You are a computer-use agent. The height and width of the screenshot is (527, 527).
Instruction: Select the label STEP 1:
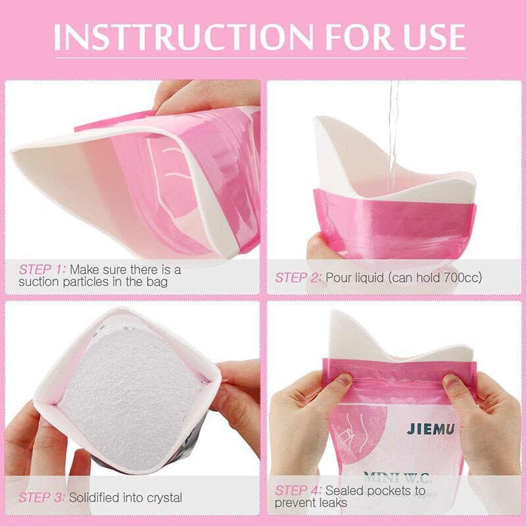click(x=42, y=269)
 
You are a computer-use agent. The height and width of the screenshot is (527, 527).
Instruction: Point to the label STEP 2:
click(x=298, y=277)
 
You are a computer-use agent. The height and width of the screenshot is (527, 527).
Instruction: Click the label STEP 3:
click(x=42, y=497)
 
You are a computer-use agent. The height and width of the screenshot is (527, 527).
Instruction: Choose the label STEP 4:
click(x=298, y=490)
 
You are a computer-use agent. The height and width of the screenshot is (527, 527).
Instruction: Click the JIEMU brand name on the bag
click(x=432, y=429)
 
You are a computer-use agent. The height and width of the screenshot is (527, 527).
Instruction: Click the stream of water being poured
click(x=394, y=132)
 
